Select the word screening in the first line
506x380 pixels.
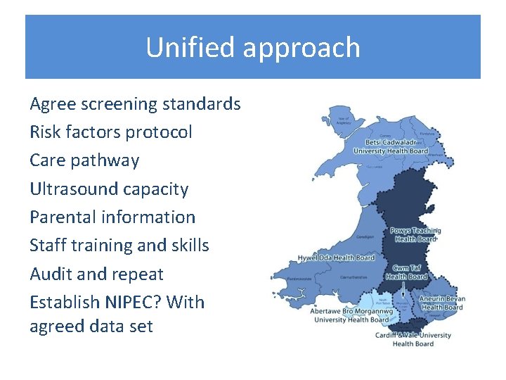[119, 105]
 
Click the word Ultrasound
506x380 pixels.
[74, 189]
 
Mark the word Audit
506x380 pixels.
[51, 274]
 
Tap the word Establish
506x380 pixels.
[65, 303]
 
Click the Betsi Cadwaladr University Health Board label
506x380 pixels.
[390, 146]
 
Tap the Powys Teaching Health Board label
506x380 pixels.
[416, 234]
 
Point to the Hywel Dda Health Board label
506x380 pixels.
[336, 258]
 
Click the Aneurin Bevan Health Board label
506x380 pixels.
[442, 303]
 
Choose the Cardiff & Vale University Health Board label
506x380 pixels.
[413, 339]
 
